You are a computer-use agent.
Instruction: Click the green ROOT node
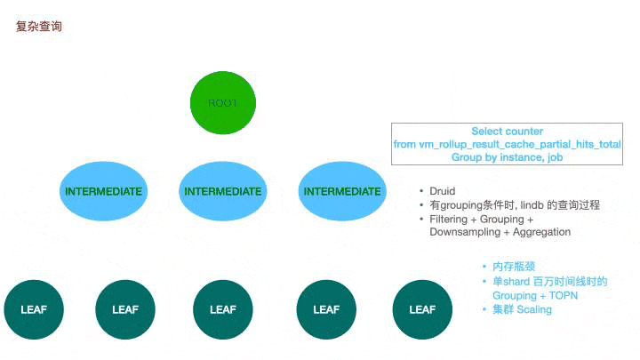point(222,103)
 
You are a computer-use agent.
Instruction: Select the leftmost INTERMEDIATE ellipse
point(103,191)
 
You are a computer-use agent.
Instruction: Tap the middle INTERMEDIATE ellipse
point(222,191)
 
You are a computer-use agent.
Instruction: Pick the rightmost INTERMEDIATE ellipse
point(342,191)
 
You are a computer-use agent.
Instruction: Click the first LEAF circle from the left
point(34,309)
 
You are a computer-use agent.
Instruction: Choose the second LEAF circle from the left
point(125,309)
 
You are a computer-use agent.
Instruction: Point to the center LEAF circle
point(222,309)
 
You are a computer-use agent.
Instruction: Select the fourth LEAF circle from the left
point(326,309)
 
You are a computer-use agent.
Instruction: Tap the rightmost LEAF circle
point(421,309)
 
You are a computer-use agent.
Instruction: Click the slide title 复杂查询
point(39,27)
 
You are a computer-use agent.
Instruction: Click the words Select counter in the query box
point(507,131)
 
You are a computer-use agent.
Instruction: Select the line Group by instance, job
point(507,156)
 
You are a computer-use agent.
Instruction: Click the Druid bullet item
point(443,191)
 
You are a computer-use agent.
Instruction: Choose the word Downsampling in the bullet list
point(462,232)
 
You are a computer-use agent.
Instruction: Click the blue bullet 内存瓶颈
point(512,267)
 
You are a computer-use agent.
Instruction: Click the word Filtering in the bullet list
point(451,219)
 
